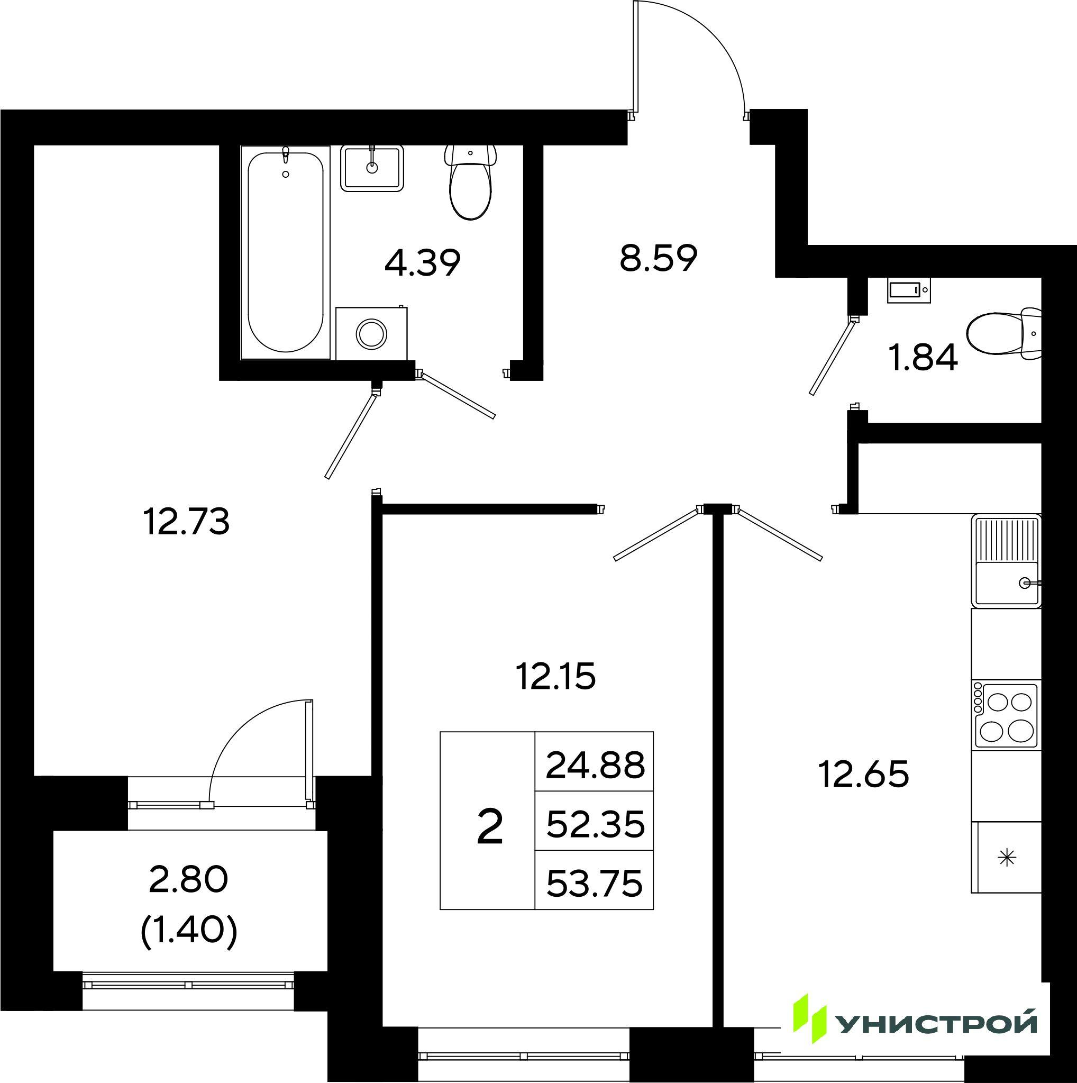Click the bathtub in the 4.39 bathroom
285,252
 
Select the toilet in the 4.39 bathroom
471,181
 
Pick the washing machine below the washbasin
371,333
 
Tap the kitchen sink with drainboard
1007,561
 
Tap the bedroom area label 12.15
555,676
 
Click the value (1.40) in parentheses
188,932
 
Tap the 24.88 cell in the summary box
595,766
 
